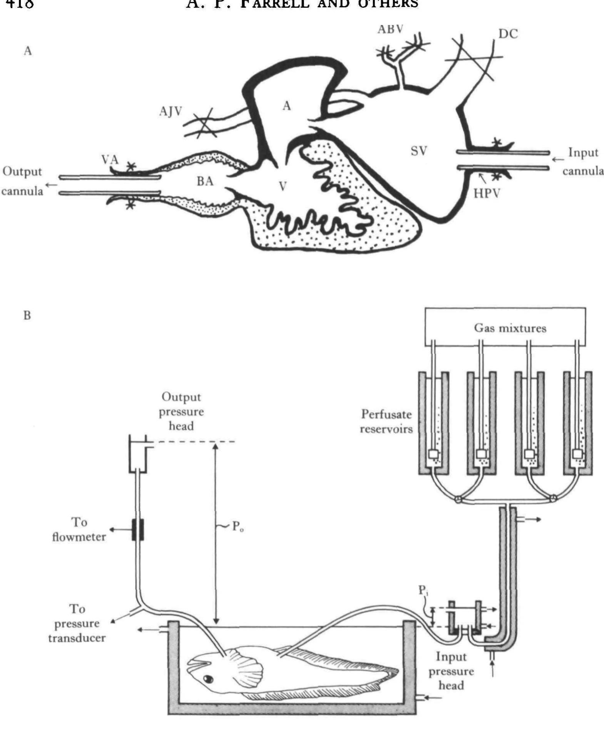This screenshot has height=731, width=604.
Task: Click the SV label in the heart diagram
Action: (419, 151)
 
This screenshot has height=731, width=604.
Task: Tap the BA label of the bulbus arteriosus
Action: (205, 181)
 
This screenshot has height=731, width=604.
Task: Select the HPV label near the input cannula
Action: (487, 193)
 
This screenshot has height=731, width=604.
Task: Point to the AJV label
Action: (171, 112)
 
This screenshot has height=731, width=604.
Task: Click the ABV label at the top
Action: (390, 29)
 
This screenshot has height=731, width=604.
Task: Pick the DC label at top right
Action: (508, 34)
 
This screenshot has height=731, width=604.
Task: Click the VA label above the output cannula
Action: (110, 160)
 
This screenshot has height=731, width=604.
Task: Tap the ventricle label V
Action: (283, 187)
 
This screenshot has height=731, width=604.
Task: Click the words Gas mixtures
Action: (510, 328)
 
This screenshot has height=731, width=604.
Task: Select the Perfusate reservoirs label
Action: (386, 422)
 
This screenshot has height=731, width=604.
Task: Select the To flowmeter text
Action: (79, 530)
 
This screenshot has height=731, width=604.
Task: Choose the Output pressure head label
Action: (181, 411)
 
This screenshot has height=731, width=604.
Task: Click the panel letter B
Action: (27, 315)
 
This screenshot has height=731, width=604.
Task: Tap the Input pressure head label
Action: (451, 671)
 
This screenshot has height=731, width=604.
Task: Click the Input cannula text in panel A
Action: (583, 162)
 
